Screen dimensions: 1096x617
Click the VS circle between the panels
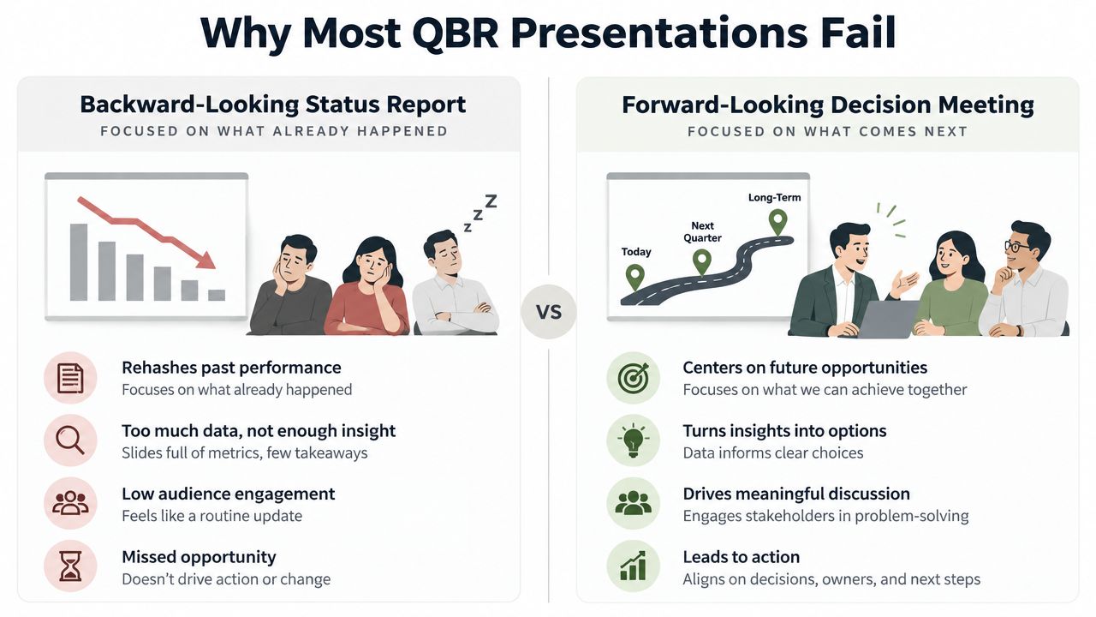[x=549, y=312]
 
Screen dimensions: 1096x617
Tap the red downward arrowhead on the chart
[x=207, y=260]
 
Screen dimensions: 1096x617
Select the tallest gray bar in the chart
[x=79, y=262]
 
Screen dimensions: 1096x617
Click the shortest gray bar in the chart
[x=217, y=295]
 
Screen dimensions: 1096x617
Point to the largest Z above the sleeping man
[x=491, y=201]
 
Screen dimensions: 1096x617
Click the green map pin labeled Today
[x=635, y=277]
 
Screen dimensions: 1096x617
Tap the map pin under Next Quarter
[x=702, y=262]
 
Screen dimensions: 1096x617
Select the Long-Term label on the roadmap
[x=775, y=197]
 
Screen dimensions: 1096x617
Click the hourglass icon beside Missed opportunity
[x=70, y=566]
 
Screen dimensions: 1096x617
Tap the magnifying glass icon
[x=70, y=440]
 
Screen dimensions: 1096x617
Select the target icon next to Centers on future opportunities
[x=633, y=378]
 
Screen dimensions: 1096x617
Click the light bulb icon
[x=633, y=440]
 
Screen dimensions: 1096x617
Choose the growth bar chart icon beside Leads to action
[x=633, y=566]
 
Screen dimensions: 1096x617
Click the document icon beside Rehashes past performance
[x=70, y=378]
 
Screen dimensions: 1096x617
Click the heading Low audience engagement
[x=229, y=494]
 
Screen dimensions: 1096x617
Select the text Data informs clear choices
[x=773, y=453]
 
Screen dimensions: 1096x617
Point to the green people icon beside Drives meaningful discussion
[x=633, y=503]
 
